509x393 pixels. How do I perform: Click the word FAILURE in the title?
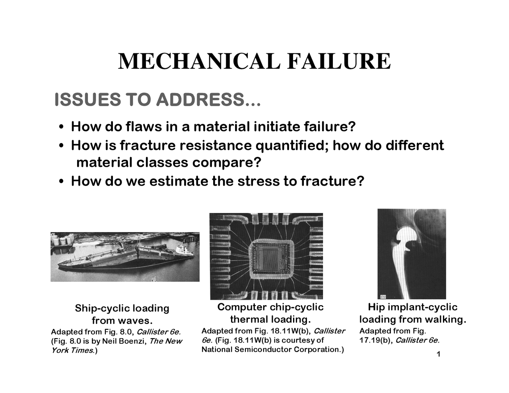(338, 62)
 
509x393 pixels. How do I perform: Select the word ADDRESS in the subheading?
(199, 100)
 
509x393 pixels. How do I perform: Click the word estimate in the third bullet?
(179, 181)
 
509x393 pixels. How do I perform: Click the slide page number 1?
(438, 354)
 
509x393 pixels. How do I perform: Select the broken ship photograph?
(125, 257)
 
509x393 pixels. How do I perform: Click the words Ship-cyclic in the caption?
(102, 308)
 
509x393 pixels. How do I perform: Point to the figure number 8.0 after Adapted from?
(124, 332)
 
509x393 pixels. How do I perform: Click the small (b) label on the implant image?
(383, 296)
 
